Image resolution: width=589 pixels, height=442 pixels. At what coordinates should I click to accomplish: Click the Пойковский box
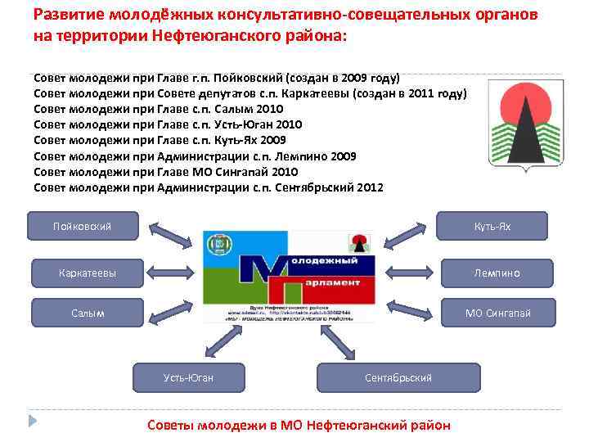(x=82, y=226)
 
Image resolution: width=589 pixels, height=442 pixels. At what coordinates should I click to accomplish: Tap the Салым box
(x=88, y=313)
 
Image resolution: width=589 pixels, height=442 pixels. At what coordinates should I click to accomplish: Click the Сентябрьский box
(x=398, y=377)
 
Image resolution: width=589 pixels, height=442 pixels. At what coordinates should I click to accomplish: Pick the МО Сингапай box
(x=498, y=313)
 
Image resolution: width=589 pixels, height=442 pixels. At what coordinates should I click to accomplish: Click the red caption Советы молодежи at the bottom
(x=298, y=425)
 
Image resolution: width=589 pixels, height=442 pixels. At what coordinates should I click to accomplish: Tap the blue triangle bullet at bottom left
(x=32, y=421)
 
